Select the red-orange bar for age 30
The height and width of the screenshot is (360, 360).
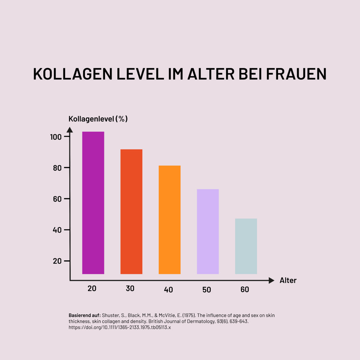pyautogui.click(x=131, y=212)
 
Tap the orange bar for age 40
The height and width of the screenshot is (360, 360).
pyautogui.click(x=169, y=220)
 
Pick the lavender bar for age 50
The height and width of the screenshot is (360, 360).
pyautogui.click(x=208, y=231)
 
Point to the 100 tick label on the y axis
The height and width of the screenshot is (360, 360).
pyautogui.click(x=55, y=137)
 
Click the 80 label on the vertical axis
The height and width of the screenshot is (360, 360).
pyautogui.click(x=57, y=168)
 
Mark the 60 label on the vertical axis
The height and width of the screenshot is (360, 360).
pyautogui.click(x=57, y=199)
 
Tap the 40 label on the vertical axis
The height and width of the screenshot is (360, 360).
pyautogui.click(x=57, y=230)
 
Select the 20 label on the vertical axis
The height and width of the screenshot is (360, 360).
pyautogui.click(x=57, y=261)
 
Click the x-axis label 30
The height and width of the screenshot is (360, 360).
pyautogui.click(x=130, y=289)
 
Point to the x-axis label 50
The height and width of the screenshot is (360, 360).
pyautogui.click(x=207, y=290)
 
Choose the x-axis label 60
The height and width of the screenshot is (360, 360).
pyautogui.click(x=245, y=290)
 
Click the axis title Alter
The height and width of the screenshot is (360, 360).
pyautogui.click(x=288, y=281)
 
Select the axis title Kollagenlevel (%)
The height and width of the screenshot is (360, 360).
pyautogui.click(x=98, y=119)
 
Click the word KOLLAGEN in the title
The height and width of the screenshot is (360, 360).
pyautogui.click(x=73, y=74)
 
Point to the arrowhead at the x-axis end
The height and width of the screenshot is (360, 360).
pyautogui.click(x=271, y=280)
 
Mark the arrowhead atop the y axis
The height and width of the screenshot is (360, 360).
pyautogui.click(x=70, y=130)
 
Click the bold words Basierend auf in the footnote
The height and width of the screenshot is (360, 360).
pyautogui.click(x=85, y=315)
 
